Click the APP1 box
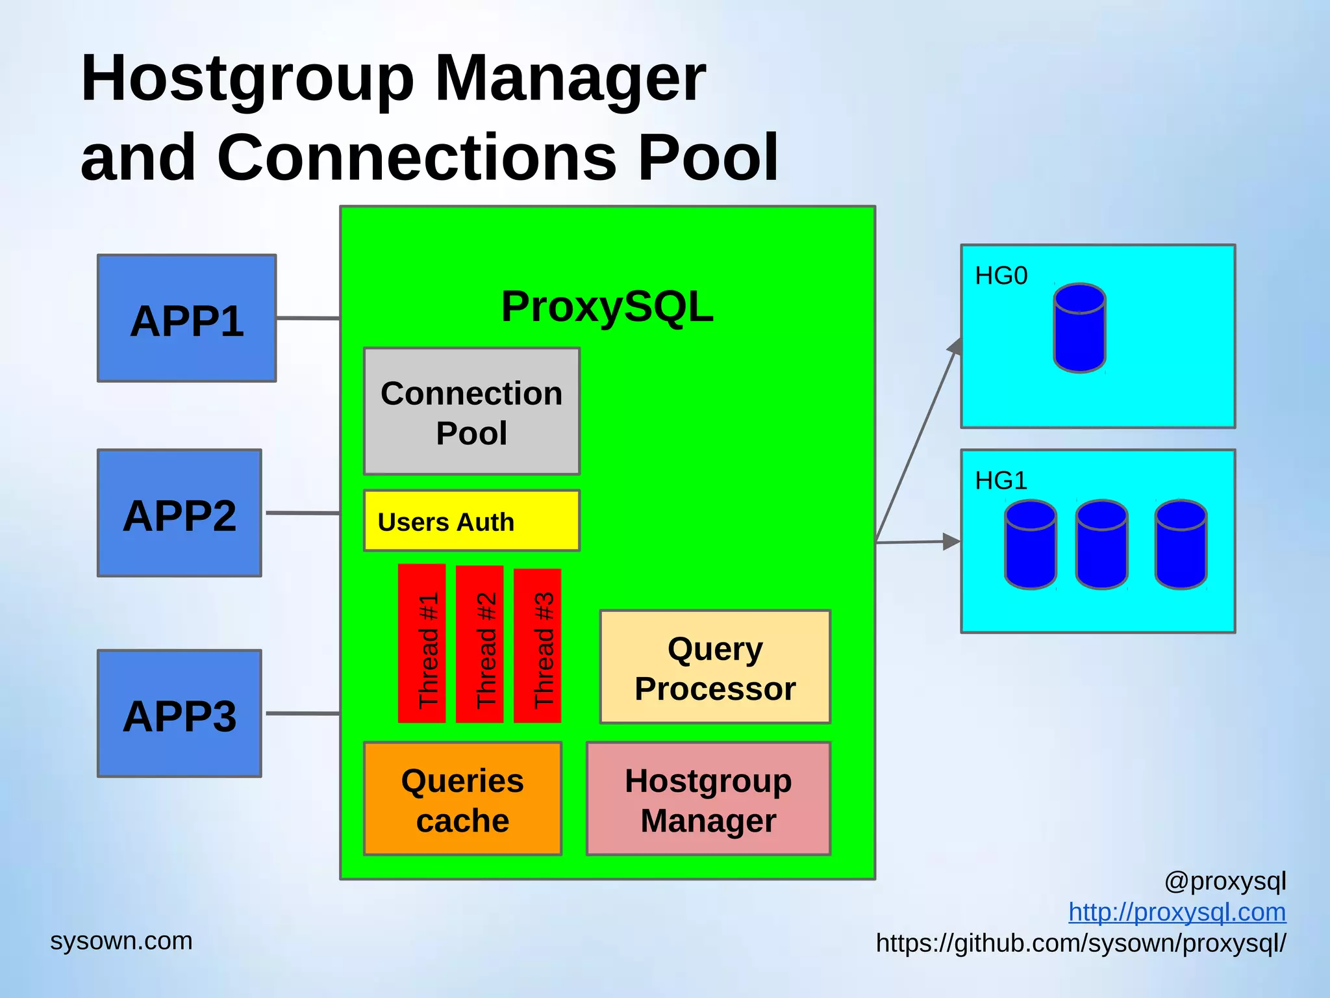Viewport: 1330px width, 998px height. click(187, 318)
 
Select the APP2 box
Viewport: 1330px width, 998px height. click(180, 513)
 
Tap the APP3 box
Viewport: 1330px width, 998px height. click(180, 713)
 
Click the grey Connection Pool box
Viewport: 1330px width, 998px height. click(471, 411)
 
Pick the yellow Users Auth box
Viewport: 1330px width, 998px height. click(471, 521)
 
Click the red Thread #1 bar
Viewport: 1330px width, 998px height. click(422, 643)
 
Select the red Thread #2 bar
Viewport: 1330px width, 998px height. click(480, 643)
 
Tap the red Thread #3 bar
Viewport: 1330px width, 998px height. click(537, 645)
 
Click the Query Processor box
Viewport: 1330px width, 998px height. click(715, 667)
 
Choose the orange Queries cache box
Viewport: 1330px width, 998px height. click(462, 799)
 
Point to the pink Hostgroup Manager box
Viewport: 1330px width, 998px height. click(709, 799)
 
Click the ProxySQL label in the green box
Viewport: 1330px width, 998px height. click(607, 307)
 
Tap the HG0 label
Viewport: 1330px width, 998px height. click(1001, 276)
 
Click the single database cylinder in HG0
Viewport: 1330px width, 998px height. click(1079, 328)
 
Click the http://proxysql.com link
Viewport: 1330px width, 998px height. click(1177, 912)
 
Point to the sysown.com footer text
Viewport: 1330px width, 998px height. click(121, 941)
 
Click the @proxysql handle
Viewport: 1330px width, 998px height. click(1225, 881)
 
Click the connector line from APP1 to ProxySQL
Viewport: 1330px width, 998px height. click(308, 318)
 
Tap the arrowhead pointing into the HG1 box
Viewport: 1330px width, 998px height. click(952, 541)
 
